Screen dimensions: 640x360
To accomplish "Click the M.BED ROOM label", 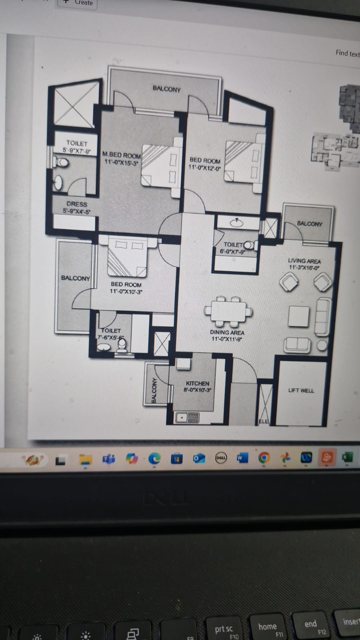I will pos(121,155).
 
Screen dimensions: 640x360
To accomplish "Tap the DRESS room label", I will pos(76,204).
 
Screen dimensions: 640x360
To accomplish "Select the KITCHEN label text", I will pos(197,383).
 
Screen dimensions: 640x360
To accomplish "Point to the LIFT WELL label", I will pos(301,390).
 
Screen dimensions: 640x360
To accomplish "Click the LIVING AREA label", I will pos(304,261).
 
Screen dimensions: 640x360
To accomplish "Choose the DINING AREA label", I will pos(227,332).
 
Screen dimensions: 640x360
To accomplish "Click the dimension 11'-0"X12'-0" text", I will pos(205,168).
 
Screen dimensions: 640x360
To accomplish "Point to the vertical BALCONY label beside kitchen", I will pos(154,390).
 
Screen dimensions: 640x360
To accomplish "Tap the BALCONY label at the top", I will pos(166,89).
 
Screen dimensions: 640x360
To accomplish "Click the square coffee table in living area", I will pos(299,316).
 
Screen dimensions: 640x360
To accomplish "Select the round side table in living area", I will pos(322,345).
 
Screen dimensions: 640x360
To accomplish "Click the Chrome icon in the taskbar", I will pos(263,457).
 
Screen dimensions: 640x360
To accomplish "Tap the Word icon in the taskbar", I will pos(242,457).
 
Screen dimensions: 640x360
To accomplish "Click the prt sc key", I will pos(223,629).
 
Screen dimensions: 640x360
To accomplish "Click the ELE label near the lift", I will pos(263,421).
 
